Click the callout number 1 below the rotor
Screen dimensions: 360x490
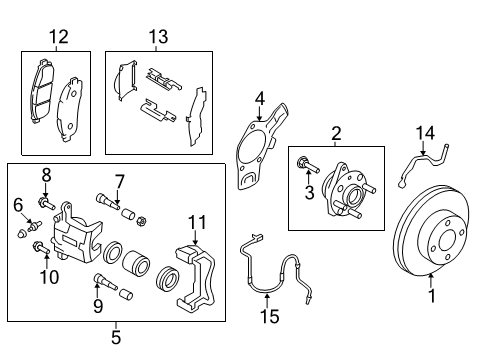coord(432,296)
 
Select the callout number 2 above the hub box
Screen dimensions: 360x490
coord(337,133)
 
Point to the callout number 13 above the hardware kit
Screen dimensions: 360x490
coord(158,37)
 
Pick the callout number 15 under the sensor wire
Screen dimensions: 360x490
coord(267,317)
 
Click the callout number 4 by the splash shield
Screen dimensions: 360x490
coord(258,98)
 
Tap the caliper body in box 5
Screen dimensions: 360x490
coord(75,240)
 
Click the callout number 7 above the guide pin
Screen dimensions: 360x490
coord(119,181)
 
